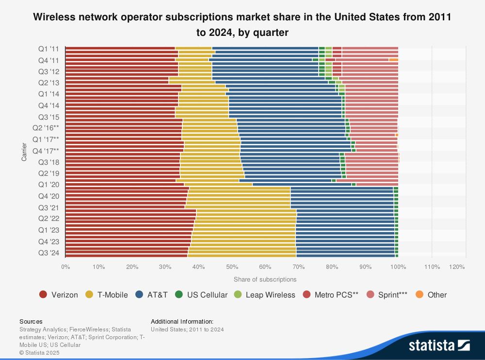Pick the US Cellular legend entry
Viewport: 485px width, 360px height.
tap(201, 295)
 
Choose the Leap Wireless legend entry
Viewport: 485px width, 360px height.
tap(264, 295)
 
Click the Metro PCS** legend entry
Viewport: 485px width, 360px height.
tap(330, 295)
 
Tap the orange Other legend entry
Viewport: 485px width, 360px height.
tap(431, 295)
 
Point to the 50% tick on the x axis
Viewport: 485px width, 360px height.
tap(232, 267)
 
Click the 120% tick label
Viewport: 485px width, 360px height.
tap(457, 267)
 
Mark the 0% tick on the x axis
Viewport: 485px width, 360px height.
tap(65, 267)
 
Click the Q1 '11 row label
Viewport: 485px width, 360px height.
tap(49, 48)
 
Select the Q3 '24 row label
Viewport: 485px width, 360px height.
tap(49, 252)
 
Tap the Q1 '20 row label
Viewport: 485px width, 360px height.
tap(49, 185)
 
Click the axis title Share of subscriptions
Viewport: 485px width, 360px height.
tap(265, 280)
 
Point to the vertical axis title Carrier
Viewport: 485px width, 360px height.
tap(24, 151)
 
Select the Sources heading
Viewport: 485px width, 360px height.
tap(31, 321)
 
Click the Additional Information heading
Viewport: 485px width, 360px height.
tap(182, 321)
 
